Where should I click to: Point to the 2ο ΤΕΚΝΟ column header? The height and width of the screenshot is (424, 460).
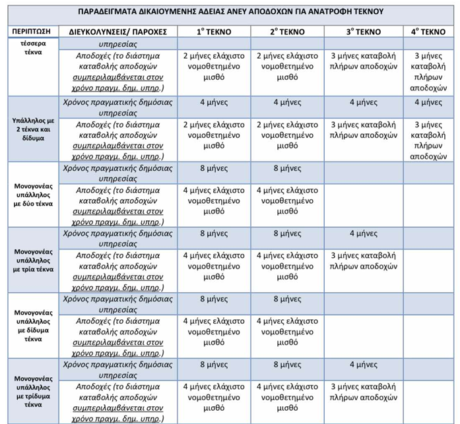point(287,32)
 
